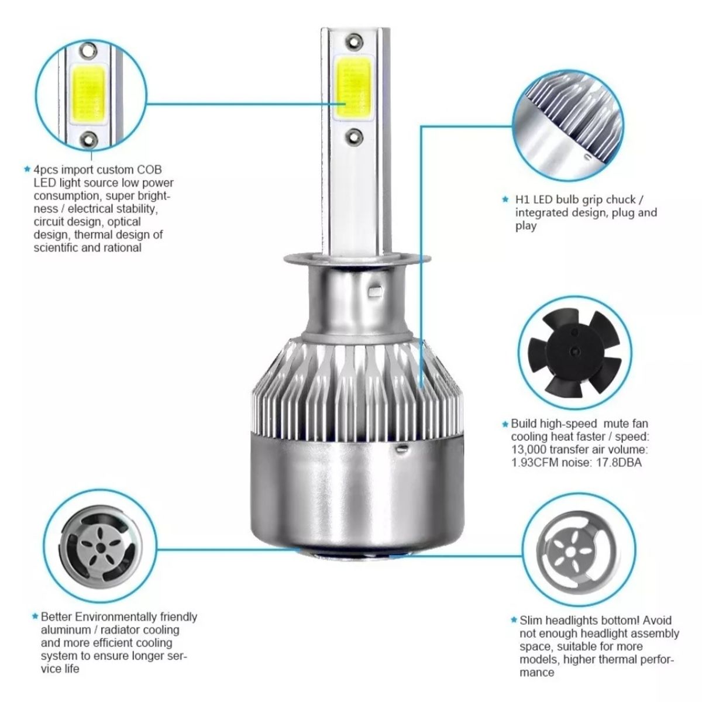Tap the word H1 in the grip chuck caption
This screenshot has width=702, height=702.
522,200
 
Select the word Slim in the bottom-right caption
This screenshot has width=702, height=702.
532,621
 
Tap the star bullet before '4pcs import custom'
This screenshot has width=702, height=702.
26,170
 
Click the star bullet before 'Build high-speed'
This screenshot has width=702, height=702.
505,424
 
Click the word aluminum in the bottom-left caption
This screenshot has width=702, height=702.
62,630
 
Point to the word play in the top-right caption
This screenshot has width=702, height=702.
525,226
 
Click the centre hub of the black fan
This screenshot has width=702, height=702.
573,350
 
